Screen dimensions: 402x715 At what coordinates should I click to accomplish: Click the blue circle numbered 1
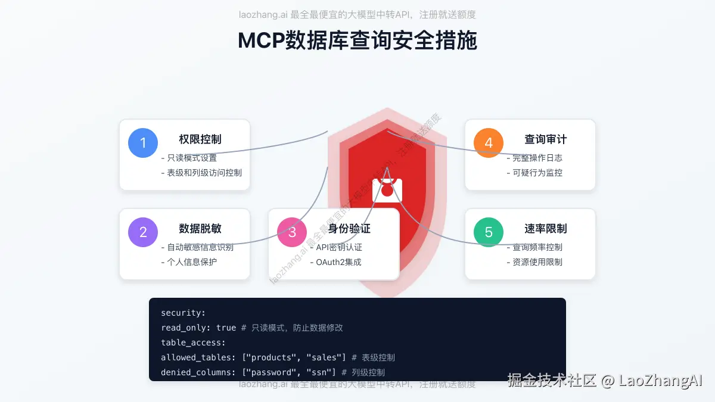coord(143,143)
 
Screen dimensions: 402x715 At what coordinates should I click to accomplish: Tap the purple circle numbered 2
coord(143,232)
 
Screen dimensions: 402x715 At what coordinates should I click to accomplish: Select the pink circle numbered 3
coord(292,232)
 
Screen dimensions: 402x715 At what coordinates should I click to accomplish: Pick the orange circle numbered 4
coord(489,143)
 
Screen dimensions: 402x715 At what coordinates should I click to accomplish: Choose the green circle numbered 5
coord(489,232)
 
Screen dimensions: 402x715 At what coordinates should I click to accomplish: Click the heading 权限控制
coord(200,139)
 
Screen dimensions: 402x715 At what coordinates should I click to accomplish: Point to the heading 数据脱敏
coord(200,229)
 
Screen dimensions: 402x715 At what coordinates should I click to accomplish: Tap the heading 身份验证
coord(349,229)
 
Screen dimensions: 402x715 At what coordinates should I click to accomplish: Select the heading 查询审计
coord(545,139)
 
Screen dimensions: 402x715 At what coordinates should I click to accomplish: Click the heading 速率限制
coord(545,229)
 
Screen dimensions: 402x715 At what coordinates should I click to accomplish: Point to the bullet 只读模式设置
coord(189,158)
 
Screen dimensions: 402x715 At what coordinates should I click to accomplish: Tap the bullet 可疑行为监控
coord(534,173)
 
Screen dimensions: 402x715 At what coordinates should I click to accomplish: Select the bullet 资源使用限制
coord(534,262)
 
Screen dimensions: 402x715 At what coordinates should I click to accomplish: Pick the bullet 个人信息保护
coord(189,262)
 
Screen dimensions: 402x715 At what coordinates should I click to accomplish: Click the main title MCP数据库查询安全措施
coord(357,40)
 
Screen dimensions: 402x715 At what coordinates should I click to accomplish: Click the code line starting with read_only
coord(252,328)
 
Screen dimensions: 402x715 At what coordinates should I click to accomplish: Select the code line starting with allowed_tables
coord(278,357)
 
